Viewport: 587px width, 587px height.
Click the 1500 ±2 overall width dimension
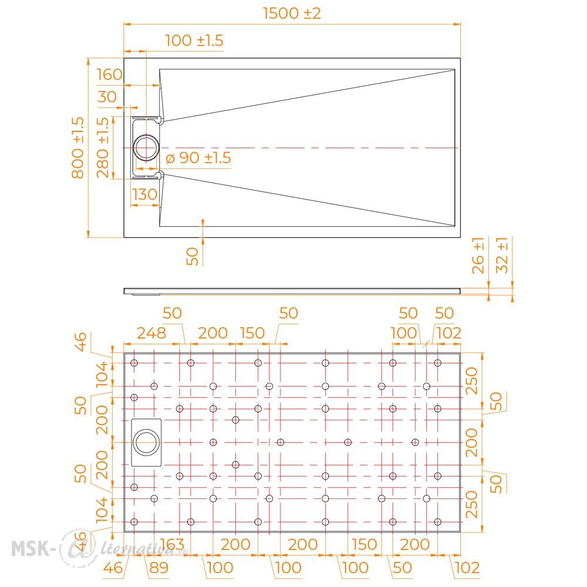click(292, 14)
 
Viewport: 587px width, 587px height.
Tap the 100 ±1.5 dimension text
click(194, 41)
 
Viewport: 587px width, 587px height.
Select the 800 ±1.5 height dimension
click(78, 147)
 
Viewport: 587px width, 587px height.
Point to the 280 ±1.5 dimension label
click(103, 147)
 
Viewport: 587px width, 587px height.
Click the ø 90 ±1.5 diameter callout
click(198, 157)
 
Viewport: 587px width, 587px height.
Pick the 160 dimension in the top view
click(109, 74)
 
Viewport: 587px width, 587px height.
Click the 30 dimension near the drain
click(107, 97)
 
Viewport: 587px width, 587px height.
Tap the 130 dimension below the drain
click(144, 194)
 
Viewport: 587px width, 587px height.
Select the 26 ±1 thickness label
click(478, 255)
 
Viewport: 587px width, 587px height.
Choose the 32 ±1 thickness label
click(502, 255)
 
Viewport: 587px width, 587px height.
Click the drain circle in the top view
click(146, 148)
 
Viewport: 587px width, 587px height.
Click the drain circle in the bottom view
click(146, 443)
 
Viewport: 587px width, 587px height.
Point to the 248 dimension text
click(151, 333)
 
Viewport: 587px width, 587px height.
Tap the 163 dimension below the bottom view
click(172, 544)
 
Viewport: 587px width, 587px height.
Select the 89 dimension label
click(158, 568)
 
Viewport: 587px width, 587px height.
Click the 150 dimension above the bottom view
click(252, 333)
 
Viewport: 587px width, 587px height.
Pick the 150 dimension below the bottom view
click(365, 544)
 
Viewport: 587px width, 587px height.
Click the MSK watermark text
click(31, 549)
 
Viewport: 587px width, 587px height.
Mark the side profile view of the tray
click(292, 291)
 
